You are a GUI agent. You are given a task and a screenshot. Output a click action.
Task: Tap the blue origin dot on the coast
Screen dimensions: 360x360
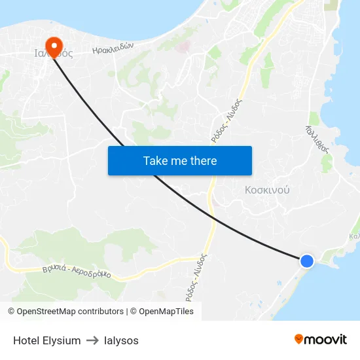click(306, 261)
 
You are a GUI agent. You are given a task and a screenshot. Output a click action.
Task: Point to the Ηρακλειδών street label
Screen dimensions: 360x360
click(113, 48)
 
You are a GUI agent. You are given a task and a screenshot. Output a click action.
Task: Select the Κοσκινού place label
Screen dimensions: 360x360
click(267, 190)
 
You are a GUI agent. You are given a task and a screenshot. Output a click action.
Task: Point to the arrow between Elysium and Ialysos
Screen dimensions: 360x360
click(92, 340)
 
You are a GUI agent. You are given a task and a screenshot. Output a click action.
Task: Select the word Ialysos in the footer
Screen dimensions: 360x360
click(121, 340)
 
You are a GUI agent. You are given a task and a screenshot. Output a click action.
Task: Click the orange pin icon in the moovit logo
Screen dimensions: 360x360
click(299, 339)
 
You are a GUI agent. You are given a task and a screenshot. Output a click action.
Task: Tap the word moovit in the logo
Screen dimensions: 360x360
click(326, 339)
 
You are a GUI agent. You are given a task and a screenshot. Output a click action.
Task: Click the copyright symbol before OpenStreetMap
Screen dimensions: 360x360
click(11, 312)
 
